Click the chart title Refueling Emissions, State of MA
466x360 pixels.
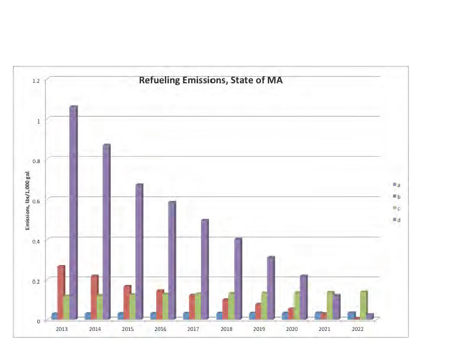pos(210,80)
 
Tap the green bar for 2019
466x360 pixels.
pos(264,306)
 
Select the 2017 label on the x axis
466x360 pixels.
pos(192,330)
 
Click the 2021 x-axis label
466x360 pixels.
pos(324,330)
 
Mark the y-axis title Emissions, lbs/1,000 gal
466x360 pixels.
pos(27,200)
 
